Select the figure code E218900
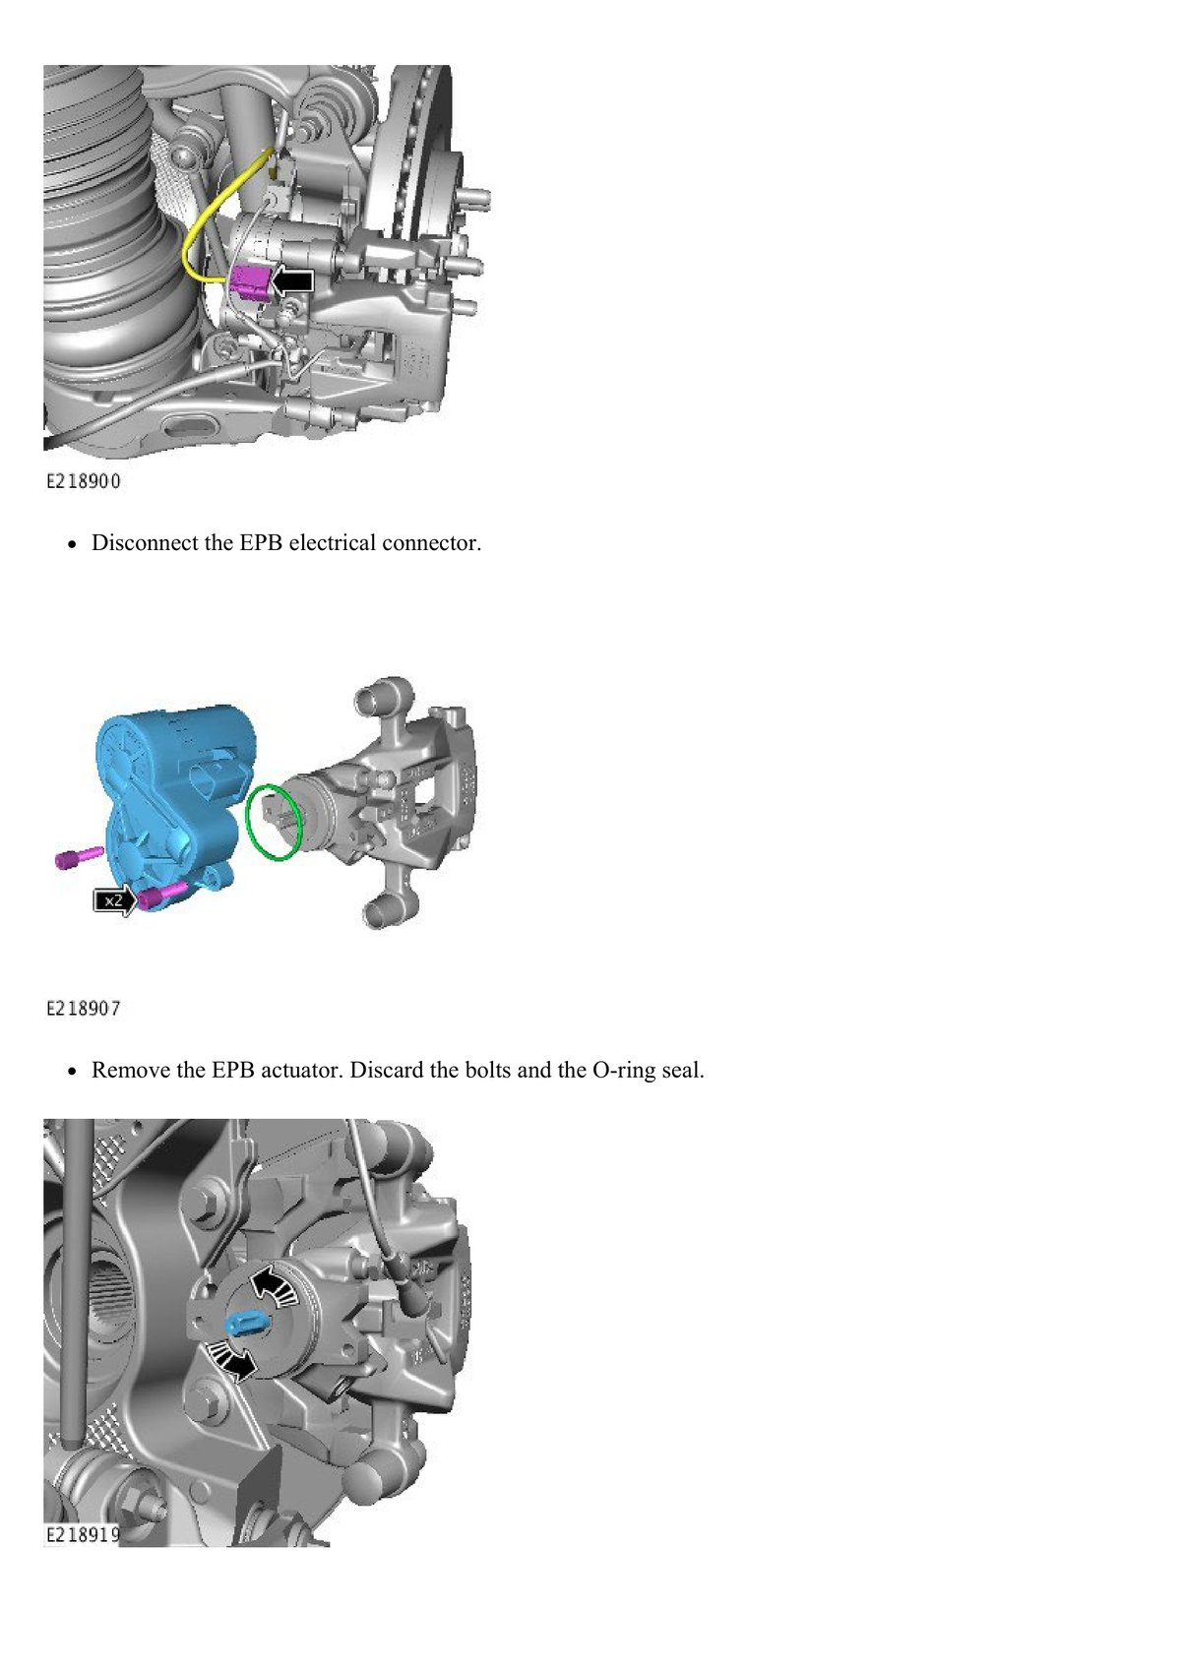click(x=84, y=481)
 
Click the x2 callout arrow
click(x=114, y=900)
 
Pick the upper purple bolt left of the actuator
click(x=79, y=856)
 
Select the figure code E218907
click(x=84, y=1008)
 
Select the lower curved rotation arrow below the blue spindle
click(x=232, y=1362)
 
